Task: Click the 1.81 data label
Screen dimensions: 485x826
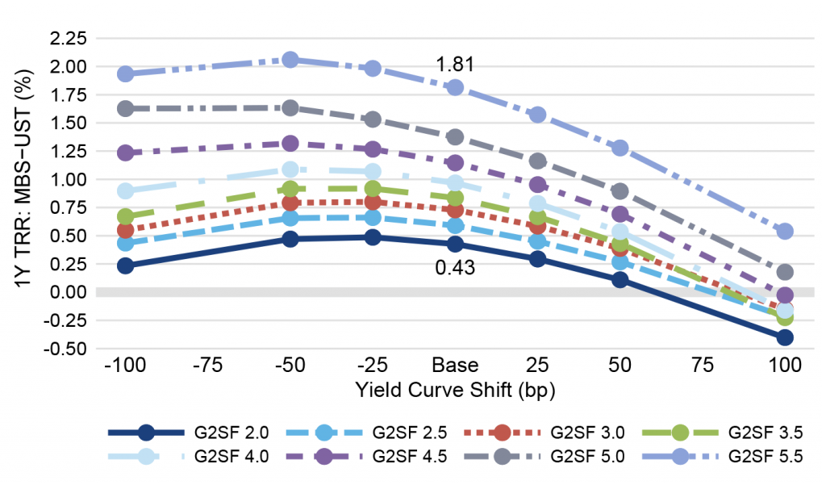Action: (x=454, y=65)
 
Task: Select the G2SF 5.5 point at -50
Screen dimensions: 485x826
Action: (x=290, y=60)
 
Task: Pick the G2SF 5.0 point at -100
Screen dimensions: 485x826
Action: (x=126, y=108)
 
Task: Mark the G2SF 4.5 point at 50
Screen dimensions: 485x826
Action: (x=620, y=215)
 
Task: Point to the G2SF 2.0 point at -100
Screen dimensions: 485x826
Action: (x=126, y=265)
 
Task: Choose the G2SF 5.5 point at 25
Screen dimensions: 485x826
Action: (x=537, y=115)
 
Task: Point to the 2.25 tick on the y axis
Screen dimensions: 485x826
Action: (x=68, y=38)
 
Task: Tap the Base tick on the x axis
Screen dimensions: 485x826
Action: (x=455, y=365)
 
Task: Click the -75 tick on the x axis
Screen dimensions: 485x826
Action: (x=207, y=365)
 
